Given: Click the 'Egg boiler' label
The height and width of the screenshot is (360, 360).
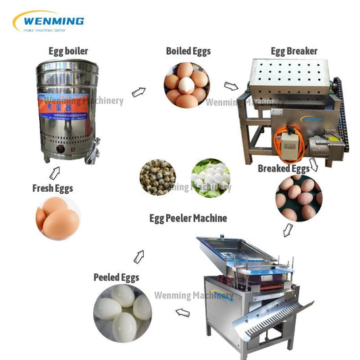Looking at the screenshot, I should tap(68, 51).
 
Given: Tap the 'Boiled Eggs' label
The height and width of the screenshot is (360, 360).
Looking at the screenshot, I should tap(188, 51).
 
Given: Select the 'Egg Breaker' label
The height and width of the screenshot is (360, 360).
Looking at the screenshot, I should tap(294, 51).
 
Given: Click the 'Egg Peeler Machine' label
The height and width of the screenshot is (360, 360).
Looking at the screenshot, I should tap(188, 218).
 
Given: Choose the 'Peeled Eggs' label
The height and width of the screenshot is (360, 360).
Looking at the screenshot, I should tap(116, 277).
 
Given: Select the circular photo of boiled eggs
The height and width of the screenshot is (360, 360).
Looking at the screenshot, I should tap(187, 85).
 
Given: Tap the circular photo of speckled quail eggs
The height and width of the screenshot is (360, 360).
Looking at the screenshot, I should tap(157, 177).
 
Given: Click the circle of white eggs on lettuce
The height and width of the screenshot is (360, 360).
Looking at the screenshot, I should tap(210, 177).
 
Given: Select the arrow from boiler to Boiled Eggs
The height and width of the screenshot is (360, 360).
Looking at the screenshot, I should tap(138, 91).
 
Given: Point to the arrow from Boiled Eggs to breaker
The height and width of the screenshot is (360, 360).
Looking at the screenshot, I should tap(231, 86).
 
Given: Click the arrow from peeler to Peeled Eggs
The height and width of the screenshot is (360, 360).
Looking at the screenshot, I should tap(182, 312).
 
